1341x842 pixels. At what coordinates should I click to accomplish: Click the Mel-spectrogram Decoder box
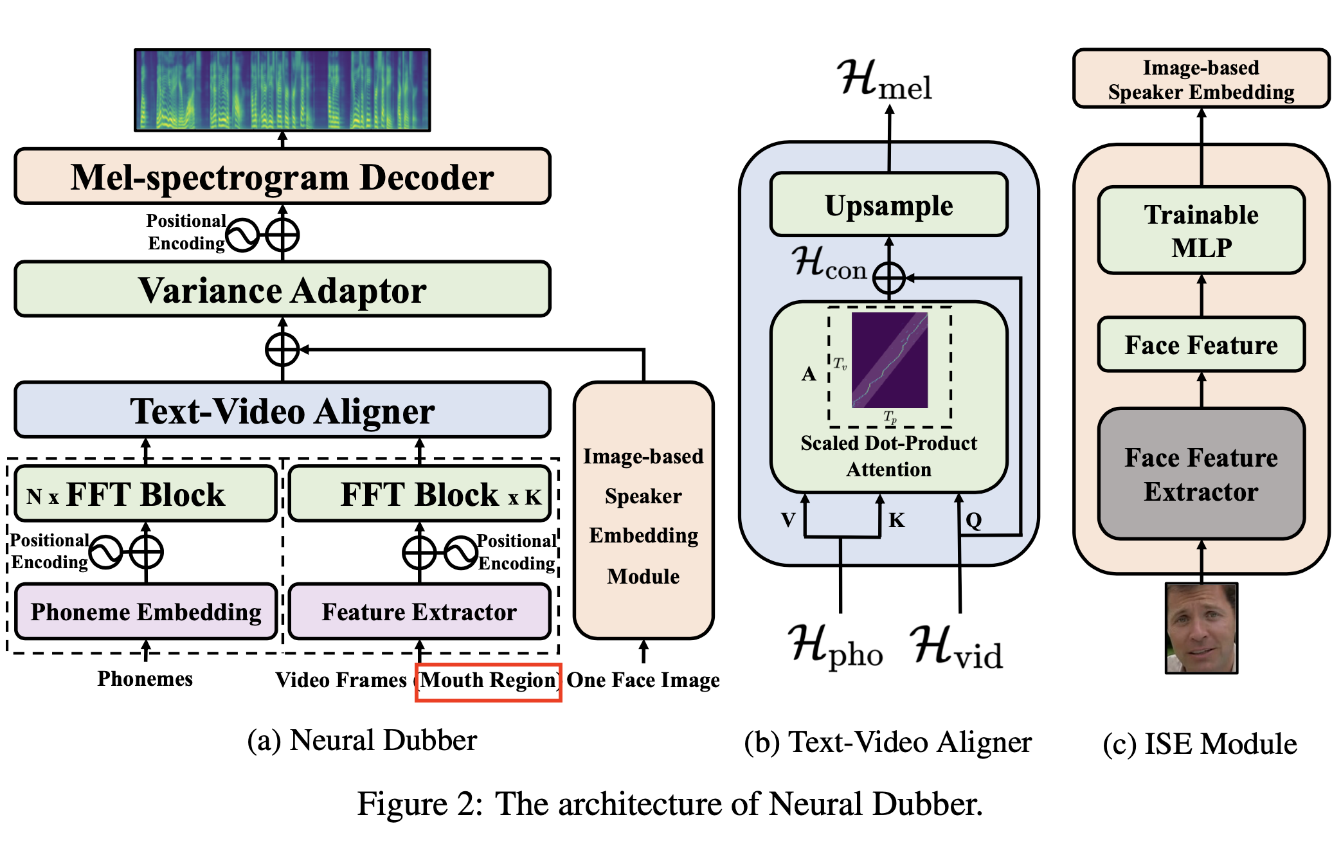coord(282,177)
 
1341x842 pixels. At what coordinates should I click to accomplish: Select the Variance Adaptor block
coord(282,289)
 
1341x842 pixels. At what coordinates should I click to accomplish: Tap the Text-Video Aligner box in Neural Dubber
coord(282,411)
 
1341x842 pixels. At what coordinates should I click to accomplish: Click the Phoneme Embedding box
coord(146,611)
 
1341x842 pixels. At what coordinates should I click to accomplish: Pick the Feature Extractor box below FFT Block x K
coord(419,611)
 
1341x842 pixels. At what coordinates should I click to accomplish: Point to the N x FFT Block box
coord(146,494)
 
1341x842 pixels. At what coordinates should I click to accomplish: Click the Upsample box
coord(888,205)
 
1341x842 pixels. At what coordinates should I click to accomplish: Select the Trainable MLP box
coord(1201,230)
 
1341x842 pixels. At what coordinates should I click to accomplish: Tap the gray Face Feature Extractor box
coord(1201,474)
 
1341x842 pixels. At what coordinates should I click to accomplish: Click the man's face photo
coord(1201,628)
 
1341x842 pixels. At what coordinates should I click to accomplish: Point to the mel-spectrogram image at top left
coord(282,90)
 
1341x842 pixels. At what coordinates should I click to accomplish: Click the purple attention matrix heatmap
coord(889,360)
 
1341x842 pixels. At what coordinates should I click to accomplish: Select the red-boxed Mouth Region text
coord(489,681)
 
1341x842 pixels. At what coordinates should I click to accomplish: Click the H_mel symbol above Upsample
coord(885,80)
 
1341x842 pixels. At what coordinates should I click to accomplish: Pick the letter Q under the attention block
coord(973,520)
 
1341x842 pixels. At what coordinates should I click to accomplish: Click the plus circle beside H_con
coord(889,278)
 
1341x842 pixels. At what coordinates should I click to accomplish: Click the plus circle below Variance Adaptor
coord(282,350)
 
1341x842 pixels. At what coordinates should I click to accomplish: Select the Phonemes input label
coord(145,679)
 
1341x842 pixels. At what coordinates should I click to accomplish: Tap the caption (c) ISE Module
coord(1200,744)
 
